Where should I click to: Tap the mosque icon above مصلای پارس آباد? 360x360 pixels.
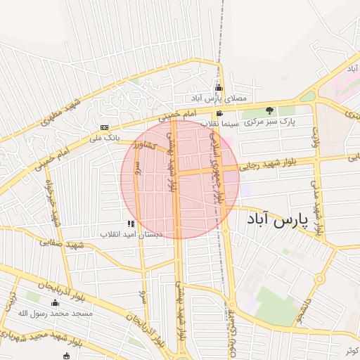[219, 88]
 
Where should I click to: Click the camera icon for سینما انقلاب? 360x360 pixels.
[220, 113]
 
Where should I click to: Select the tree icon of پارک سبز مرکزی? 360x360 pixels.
[269, 110]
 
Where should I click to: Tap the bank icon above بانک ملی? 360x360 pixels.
[105, 127]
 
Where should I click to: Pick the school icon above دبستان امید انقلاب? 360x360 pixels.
[130, 224]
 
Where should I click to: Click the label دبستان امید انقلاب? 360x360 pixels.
[131, 234]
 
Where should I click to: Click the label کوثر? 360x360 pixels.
[351, 350]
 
